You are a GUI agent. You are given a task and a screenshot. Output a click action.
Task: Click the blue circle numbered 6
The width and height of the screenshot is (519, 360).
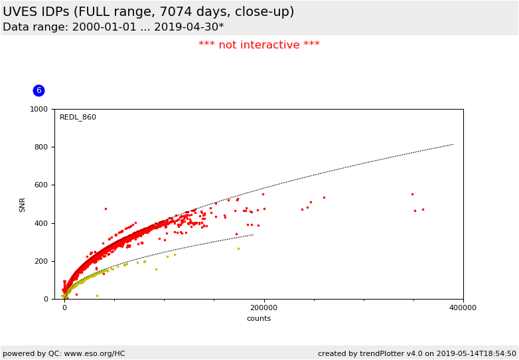pyautogui.click(x=38, y=90)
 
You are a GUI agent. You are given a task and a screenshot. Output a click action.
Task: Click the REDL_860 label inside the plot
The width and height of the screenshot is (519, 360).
pyautogui.click(x=78, y=118)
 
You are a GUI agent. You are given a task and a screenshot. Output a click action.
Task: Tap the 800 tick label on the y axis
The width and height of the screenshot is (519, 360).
pyautogui.click(x=42, y=147)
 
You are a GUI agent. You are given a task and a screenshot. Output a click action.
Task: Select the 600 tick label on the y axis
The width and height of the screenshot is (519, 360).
pyautogui.click(x=42, y=185)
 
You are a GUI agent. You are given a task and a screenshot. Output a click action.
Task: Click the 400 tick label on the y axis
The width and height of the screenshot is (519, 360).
pyautogui.click(x=42, y=223)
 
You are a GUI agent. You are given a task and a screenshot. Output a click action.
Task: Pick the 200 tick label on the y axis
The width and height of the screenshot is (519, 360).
pyautogui.click(x=42, y=261)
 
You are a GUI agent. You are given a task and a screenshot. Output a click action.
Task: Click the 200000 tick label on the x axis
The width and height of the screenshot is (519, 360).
pyautogui.click(x=263, y=308)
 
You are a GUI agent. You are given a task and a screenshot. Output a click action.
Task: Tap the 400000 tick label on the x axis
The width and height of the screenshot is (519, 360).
pyautogui.click(x=463, y=308)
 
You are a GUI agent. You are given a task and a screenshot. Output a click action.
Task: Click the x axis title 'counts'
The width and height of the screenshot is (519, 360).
pyautogui.click(x=259, y=319)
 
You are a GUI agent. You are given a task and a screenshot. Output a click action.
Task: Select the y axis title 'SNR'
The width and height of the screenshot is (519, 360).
pyautogui.click(x=23, y=204)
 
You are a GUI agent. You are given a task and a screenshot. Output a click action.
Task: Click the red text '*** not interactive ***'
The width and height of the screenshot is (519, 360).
pyautogui.click(x=259, y=45)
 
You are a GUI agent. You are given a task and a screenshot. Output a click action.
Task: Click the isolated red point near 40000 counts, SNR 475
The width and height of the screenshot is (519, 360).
pyautogui.click(x=105, y=209)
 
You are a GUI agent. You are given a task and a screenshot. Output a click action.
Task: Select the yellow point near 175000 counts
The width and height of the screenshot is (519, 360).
pyautogui.click(x=238, y=248)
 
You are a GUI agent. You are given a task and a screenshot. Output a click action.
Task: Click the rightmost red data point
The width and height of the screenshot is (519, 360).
pyautogui.click(x=423, y=209)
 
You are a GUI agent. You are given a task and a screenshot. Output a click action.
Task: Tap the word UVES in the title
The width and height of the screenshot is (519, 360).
pyautogui.click(x=20, y=12)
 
